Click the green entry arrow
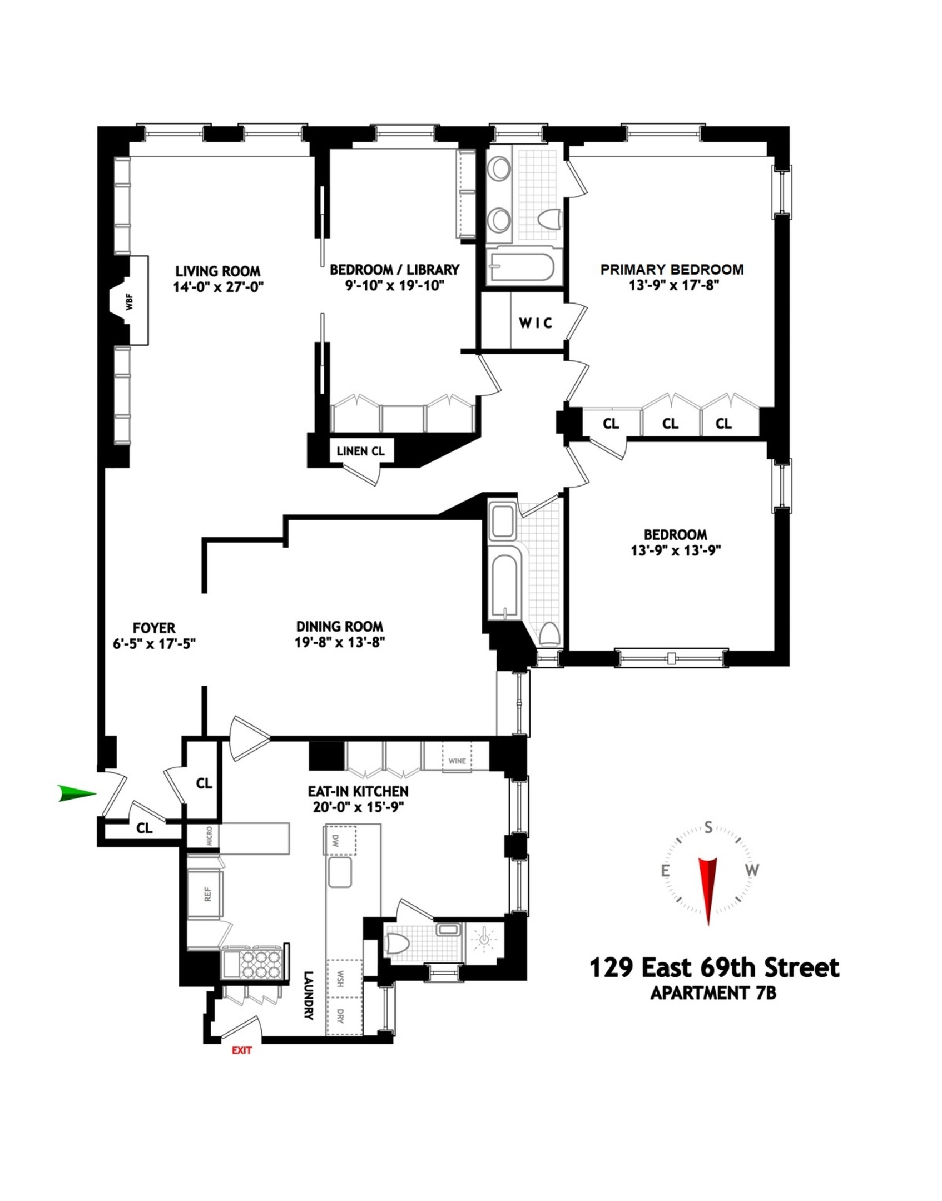(x=76, y=793)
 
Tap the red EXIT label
(x=241, y=1050)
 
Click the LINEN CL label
(x=360, y=451)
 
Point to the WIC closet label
(x=536, y=323)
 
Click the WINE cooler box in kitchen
(x=457, y=761)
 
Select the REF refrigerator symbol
(x=207, y=894)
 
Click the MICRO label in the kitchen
(x=209, y=836)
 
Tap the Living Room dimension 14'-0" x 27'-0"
(x=217, y=287)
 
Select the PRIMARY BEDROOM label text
(x=672, y=270)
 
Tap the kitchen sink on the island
(x=340, y=872)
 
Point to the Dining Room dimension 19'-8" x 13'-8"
(x=340, y=642)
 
